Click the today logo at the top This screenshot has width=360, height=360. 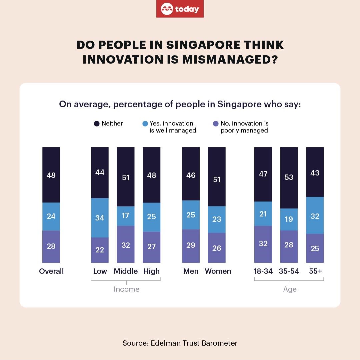pos(180,9)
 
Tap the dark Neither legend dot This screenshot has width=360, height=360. pos(97,124)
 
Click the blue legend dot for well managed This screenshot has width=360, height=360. pos(145,124)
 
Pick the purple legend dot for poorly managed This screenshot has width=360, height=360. pos(216,124)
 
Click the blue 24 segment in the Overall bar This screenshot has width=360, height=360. pos(51,216)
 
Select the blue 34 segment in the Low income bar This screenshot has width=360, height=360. pos(100,218)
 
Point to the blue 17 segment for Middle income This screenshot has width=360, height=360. pos(126,216)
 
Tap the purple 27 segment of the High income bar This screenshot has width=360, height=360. pos(152,247)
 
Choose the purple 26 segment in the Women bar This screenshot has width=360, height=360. pos(217,248)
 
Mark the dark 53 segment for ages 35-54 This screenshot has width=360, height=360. pos(289,178)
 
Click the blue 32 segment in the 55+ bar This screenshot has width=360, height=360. pos(315,215)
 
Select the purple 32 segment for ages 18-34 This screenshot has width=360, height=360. pos(263,244)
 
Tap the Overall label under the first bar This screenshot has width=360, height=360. pos(51,271)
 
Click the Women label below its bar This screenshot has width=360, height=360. pos(218,271)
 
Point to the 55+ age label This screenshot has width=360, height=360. pos(315,271)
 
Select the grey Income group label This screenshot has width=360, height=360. pos(126,289)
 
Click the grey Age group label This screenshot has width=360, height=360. pos(290,289)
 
